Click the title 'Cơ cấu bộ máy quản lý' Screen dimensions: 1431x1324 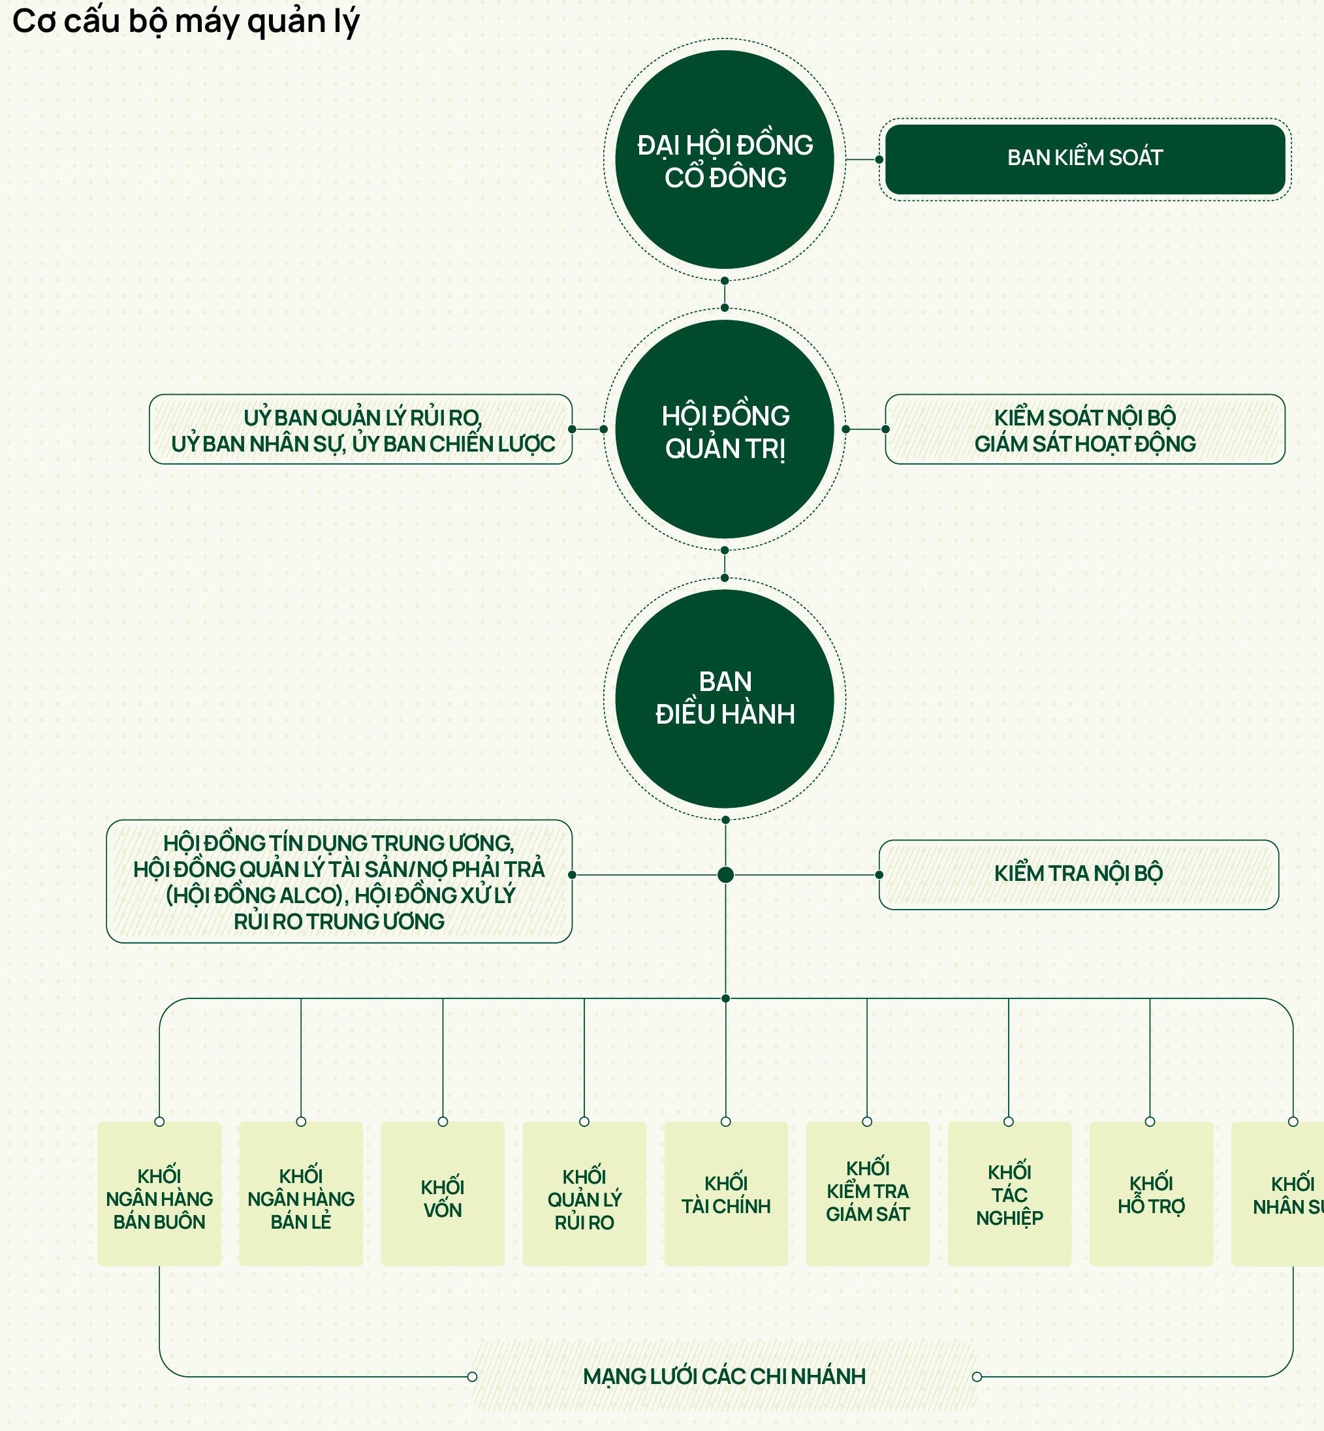pos(185,22)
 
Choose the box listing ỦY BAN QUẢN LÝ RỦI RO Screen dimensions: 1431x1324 pos(361,430)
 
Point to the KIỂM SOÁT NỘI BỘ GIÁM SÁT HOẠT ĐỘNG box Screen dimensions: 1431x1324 pos(1084,430)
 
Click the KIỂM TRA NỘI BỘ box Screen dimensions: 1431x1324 pos(1079,874)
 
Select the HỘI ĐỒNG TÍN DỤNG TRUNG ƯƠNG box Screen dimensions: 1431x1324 pos(339,881)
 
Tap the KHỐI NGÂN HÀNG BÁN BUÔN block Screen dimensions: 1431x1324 pos(159,1199)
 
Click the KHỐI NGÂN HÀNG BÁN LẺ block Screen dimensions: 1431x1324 pos(301,1199)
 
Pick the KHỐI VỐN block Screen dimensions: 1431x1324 pos(443,1199)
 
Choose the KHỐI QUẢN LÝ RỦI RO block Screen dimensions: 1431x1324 pos(584,1199)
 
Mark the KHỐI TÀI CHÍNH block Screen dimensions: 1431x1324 pos(726,1199)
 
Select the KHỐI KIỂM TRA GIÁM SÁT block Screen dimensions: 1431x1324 pos(868,1199)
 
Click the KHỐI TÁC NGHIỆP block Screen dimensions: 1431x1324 pos(1009,1199)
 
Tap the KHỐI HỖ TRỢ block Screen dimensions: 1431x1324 pos(1150,1199)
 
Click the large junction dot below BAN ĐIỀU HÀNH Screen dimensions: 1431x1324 pos(725,874)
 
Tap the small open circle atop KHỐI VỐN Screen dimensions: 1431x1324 pos(443,1122)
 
